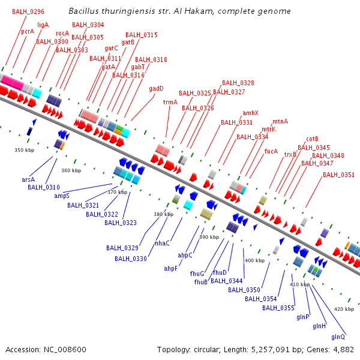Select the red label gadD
pyautogui.click(x=156, y=88)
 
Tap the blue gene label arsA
pyautogui.click(x=28, y=179)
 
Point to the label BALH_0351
pyautogui.click(x=338, y=175)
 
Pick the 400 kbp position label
pyautogui.click(x=254, y=260)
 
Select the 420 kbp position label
pyautogui.click(x=344, y=309)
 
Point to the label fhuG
pyautogui.click(x=197, y=274)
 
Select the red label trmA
pyautogui.click(x=170, y=102)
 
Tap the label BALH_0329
pyautogui.click(x=122, y=248)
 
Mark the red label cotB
pyautogui.click(x=312, y=139)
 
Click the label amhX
pyautogui.click(x=250, y=113)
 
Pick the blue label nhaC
pyautogui.click(x=162, y=243)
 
